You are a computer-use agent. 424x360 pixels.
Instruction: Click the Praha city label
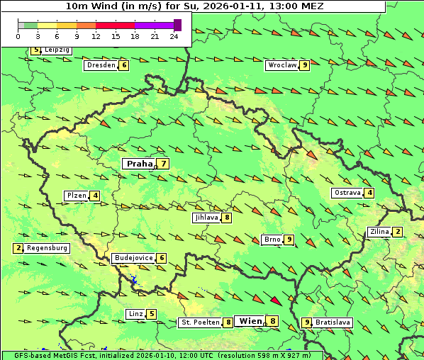click(x=139, y=164)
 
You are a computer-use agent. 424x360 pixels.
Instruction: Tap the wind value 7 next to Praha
click(x=164, y=164)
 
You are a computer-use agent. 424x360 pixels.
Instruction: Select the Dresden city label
click(x=100, y=65)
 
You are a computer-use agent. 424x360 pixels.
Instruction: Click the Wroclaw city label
click(x=281, y=65)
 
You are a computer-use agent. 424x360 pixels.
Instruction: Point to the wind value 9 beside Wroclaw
click(x=304, y=65)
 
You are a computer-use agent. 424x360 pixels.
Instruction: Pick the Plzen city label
click(x=75, y=196)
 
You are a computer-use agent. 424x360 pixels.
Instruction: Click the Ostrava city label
click(x=347, y=193)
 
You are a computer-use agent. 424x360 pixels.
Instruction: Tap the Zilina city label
click(x=379, y=232)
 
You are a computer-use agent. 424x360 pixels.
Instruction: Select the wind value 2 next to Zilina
click(x=398, y=232)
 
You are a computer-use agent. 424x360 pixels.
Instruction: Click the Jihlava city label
click(x=206, y=218)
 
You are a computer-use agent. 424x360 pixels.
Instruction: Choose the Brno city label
click(x=272, y=240)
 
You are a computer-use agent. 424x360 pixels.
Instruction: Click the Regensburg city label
click(x=48, y=248)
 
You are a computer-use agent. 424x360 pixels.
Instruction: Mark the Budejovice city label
click(x=133, y=258)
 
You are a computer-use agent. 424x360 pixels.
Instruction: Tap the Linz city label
click(x=135, y=314)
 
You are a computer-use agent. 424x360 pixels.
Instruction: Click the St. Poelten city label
click(x=199, y=322)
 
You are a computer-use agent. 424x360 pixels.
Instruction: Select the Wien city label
click(x=250, y=321)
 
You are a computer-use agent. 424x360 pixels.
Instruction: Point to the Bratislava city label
click(x=333, y=322)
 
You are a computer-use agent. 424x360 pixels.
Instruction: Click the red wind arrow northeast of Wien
click(x=277, y=300)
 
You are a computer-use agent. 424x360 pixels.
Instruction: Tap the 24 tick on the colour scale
click(x=174, y=35)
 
